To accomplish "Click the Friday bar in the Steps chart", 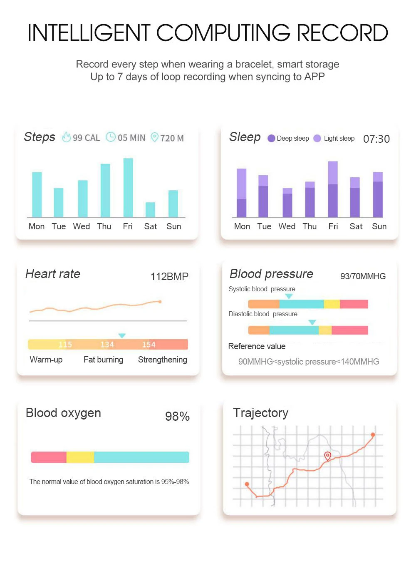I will pos(128,188).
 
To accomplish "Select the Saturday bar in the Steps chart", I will pos(150,210).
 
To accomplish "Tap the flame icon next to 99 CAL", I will pos(66,137).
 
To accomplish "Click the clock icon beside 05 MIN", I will pos(111,137).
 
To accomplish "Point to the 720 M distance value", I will pos(172,138).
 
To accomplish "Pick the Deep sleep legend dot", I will pos(271,139).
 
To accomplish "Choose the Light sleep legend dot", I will pos(317,139).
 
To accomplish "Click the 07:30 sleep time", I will pos(376,139).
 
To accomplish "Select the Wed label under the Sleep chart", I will pos(287,226).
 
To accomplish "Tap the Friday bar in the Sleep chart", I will pos(333,189).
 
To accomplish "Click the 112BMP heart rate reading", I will pos(169,276).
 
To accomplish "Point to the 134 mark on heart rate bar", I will pos(107,345).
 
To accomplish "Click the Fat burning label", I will pos(103,360).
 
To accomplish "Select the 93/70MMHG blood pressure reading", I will pos(363,276).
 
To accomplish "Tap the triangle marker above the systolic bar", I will pos(289,296).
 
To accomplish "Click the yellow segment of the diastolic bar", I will pos(325,330).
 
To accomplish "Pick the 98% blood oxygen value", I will pos(177,416).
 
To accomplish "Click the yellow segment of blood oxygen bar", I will pos(80,457).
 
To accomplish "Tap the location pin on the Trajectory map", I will pos(327,456).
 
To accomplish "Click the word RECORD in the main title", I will pos(342,33).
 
